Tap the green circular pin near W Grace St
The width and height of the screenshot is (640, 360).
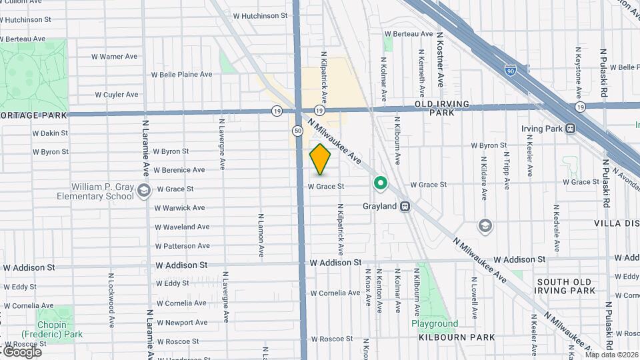(x=380, y=182)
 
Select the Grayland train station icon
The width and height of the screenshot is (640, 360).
(x=405, y=207)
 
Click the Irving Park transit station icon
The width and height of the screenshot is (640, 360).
(x=570, y=129)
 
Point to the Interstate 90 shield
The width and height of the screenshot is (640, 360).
(x=509, y=70)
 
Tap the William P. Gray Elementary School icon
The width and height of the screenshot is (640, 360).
(x=143, y=192)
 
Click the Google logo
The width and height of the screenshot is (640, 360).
(x=21, y=351)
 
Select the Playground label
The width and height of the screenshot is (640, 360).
(x=434, y=324)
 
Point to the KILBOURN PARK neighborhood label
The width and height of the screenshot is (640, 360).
(x=457, y=337)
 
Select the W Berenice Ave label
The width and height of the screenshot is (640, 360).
(x=179, y=170)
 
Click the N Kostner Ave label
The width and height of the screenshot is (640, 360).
(x=440, y=60)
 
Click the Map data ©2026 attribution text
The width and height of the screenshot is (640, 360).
(x=611, y=354)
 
